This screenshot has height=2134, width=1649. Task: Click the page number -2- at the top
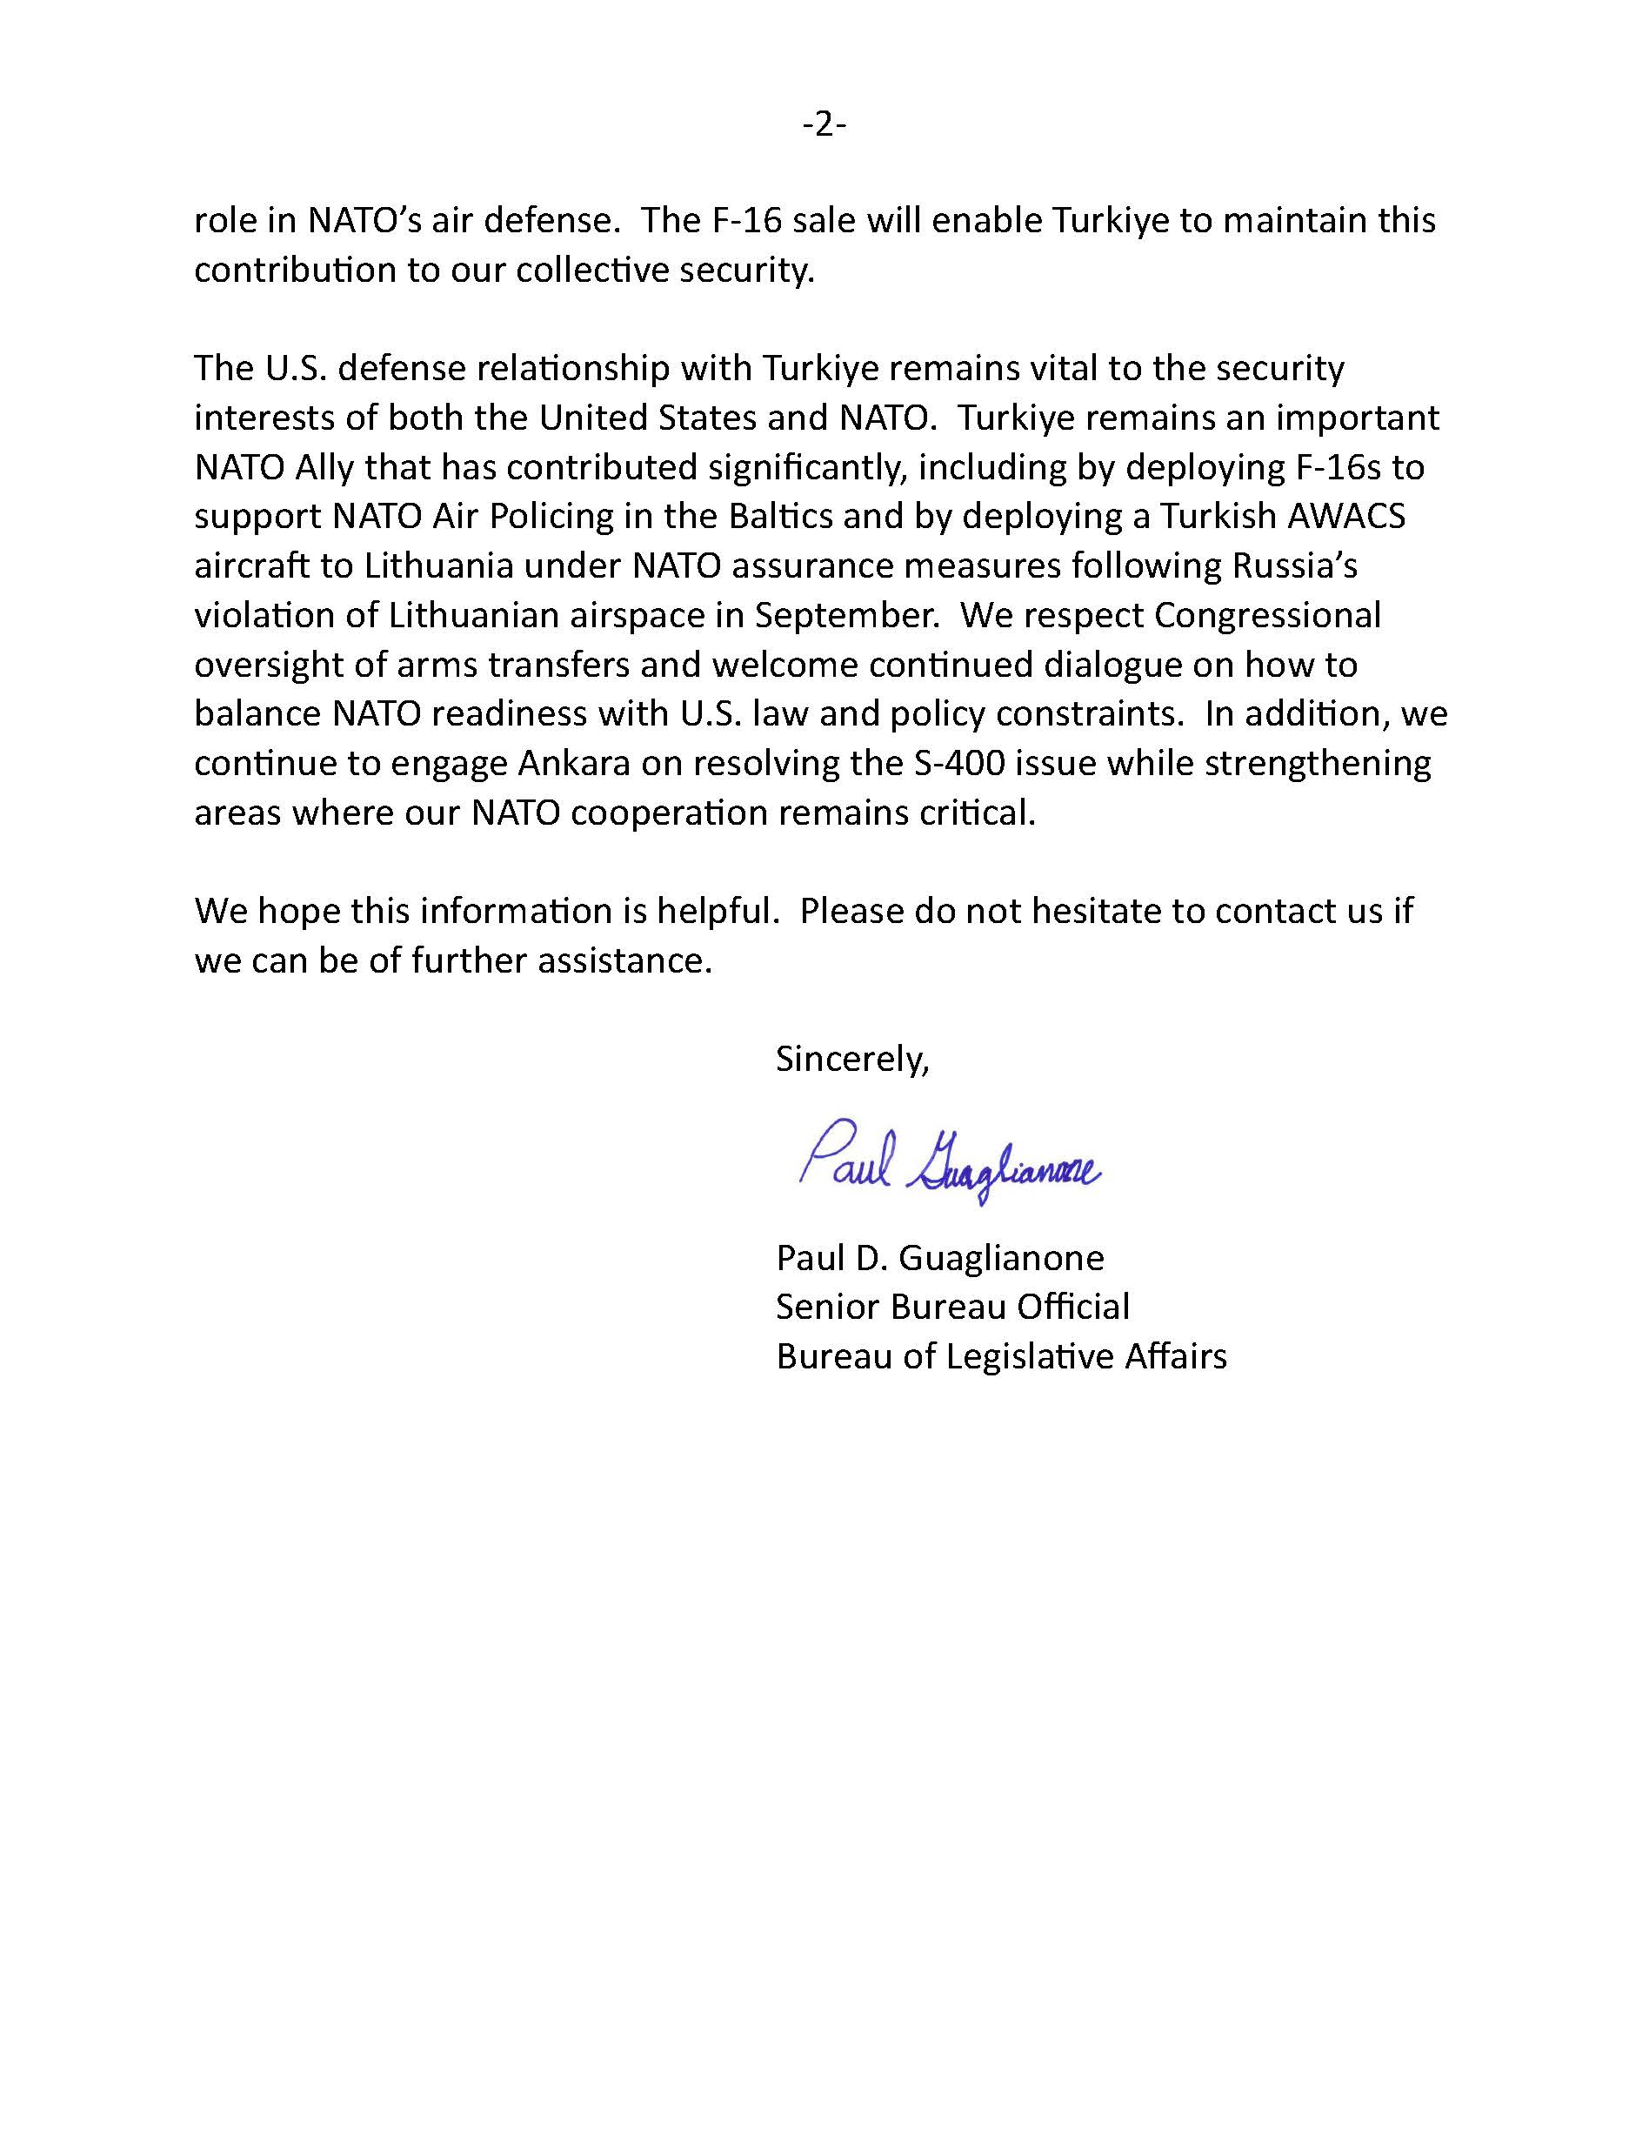pyautogui.click(x=824, y=125)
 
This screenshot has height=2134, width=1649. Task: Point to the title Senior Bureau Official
pyautogui.click(x=951, y=1307)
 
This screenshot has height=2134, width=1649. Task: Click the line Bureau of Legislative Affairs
pyautogui.click(x=1000, y=1356)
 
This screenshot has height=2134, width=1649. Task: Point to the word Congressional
pyautogui.click(x=1267, y=616)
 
